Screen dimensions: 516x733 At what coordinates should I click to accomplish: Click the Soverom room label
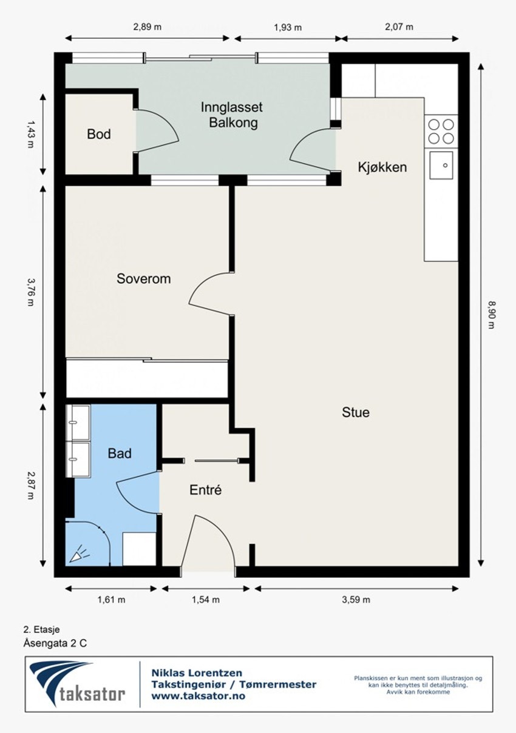pyautogui.click(x=143, y=279)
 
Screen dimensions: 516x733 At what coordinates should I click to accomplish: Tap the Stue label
pyautogui.click(x=356, y=412)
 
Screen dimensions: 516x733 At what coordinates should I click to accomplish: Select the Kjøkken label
pyautogui.click(x=382, y=167)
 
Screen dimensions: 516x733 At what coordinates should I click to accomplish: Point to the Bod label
pyautogui.click(x=98, y=134)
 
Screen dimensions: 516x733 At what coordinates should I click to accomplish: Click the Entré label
pyautogui.click(x=205, y=490)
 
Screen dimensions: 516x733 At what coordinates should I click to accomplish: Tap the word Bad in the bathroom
pyautogui.click(x=120, y=454)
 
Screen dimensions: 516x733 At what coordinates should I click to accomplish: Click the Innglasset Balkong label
pyautogui.click(x=232, y=115)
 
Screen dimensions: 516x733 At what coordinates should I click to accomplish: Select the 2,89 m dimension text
pyautogui.click(x=147, y=27)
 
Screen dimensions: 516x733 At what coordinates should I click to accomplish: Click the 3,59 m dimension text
pyautogui.click(x=356, y=600)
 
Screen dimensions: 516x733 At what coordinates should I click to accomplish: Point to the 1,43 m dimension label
pyautogui.click(x=30, y=134)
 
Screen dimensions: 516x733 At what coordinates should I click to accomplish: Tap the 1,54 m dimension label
pyautogui.click(x=205, y=600)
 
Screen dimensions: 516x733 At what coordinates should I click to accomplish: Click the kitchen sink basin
pyautogui.click(x=441, y=166)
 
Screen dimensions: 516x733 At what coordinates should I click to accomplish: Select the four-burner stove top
pyautogui.click(x=441, y=132)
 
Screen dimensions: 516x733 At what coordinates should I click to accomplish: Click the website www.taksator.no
pyautogui.click(x=198, y=695)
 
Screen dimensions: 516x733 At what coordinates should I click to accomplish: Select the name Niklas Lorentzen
pyautogui.click(x=197, y=673)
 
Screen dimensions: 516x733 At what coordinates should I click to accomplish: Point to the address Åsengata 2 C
pyautogui.click(x=55, y=643)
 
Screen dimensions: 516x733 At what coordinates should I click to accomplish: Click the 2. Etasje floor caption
pyautogui.click(x=42, y=629)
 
